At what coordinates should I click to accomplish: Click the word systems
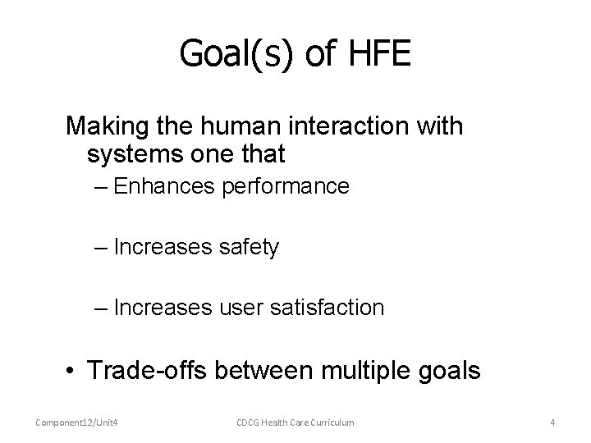point(130,153)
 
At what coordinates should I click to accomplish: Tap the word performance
point(286,186)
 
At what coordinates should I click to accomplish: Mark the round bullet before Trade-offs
point(73,371)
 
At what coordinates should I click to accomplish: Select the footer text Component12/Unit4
point(74,422)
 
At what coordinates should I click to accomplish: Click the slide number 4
point(552,422)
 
